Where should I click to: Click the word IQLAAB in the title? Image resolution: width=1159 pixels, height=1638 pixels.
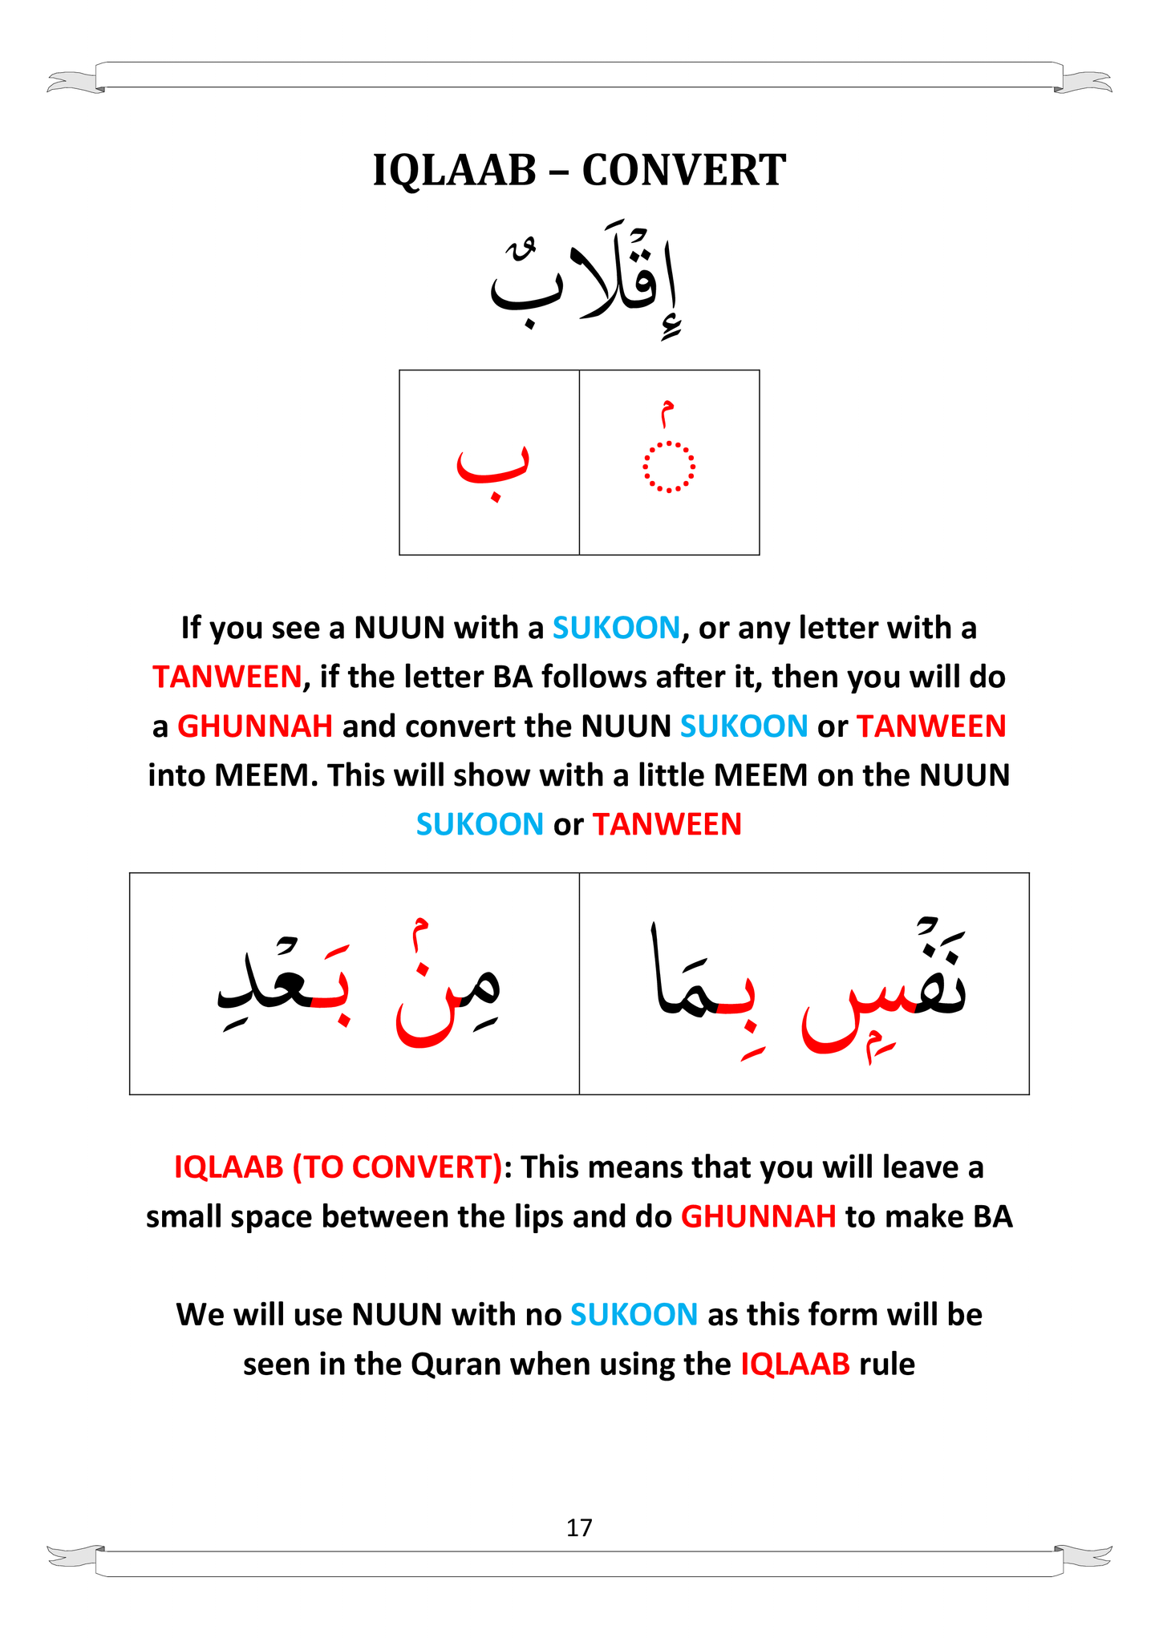pyautogui.click(x=454, y=171)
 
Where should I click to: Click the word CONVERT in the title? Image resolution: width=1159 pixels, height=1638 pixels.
pyautogui.click(x=683, y=171)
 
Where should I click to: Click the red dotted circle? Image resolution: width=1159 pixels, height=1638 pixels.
pyautogui.click(x=668, y=466)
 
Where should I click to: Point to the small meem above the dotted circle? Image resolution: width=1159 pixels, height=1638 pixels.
pyautogui.click(x=666, y=413)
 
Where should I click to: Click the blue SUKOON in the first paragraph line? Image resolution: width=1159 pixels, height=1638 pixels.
pyautogui.click(x=616, y=628)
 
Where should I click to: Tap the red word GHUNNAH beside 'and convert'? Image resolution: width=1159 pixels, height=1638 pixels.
pyautogui.click(x=254, y=726)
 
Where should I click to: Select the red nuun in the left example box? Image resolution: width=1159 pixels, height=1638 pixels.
pyautogui.click(x=423, y=1014)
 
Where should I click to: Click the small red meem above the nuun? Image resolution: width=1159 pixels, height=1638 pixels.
pyautogui.click(x=419, y=930)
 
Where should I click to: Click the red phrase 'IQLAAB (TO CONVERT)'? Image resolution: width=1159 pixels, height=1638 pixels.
pyautogui.click(x=338, y=1167)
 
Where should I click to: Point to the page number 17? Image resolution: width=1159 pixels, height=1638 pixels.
pyautogui.click(x=579, y=1527)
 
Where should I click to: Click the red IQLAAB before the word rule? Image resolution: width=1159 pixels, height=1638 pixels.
pyautogui.click(x=794, y=1365)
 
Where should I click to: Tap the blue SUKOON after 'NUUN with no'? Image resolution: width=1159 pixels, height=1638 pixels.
pyautogui.click(x=634, y=1315)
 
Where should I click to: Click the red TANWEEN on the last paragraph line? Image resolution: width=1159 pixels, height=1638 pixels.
pyautogui.click(x=667, y=825)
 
